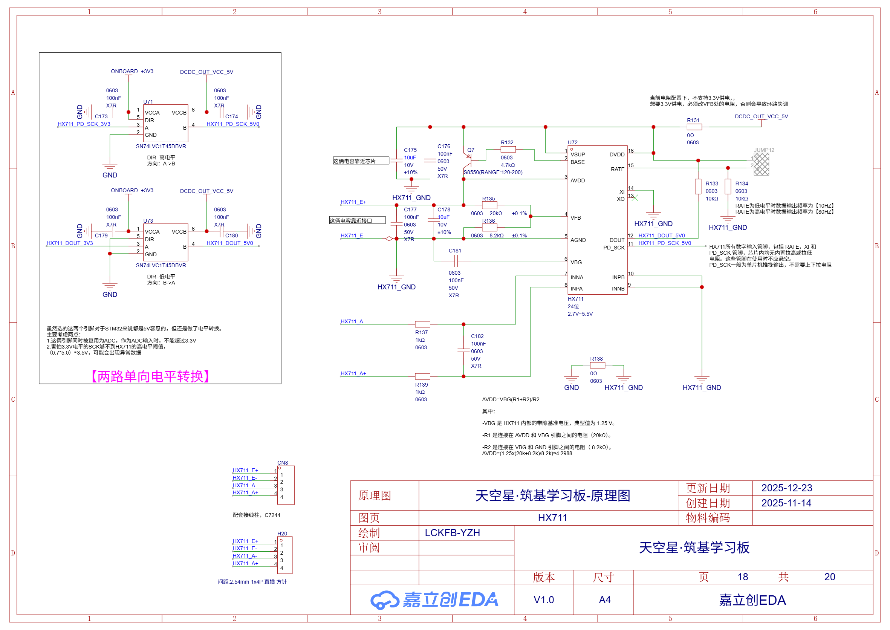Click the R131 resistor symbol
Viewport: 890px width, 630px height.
pyautogui.click(x=694, y=127)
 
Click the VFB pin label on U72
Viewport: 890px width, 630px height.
pyautogui.click(x=575, y=218)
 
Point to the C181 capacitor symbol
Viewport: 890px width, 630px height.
pyautogui.click(x=456, y=261)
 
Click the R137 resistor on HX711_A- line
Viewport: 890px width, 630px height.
pyautogui.click(x=422, y=324)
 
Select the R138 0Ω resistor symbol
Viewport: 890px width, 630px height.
pyautogui.click(x=597, y=365)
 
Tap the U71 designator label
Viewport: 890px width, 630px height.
pyautogui.click(x=148, y=102)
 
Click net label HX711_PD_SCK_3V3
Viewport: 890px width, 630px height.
pyautogui.click(x=84, y=124)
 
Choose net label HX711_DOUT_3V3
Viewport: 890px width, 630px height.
pyautogui.click(x=69, y=243)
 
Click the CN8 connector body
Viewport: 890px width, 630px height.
pyautogui.click(x=286, y=485)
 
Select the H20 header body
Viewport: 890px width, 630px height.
pyautogui.click(x=285, y=555)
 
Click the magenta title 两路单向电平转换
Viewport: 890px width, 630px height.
pyautogui.click(x=151, y=376)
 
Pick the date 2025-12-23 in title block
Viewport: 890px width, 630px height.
pyautogui.click(x=786, y=488)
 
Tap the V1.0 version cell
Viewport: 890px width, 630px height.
pyautogui.click(x=544, y=600)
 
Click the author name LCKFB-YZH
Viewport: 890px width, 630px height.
pyautogui.click(x=453, y=533)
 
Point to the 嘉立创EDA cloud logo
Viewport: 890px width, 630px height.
pyautogui.click(x=384, y=600)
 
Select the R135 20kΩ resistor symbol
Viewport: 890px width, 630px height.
pyautogui.click(x=489, y=205)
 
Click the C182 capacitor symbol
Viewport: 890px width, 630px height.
pyautogui.click(x=463, y=350)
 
